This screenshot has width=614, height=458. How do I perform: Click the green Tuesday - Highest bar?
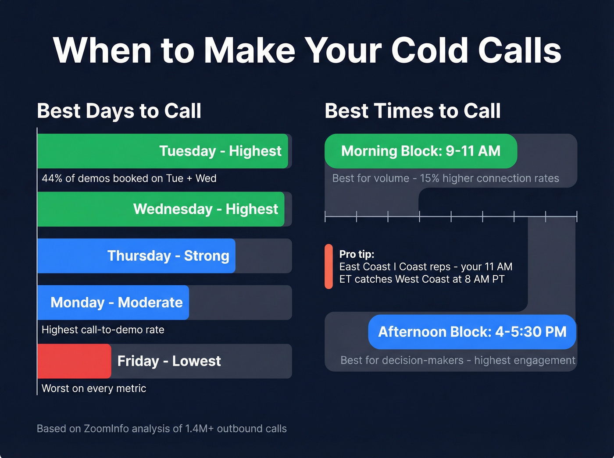click(x=162, y=151)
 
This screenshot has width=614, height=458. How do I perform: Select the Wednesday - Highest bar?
click(x=161, y=209)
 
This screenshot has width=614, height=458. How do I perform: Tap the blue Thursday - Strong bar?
click(x=136, y=256)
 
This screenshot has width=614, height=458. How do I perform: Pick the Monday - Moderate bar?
click(x=113, y=302)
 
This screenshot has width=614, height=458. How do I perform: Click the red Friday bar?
click(x=74, y=361)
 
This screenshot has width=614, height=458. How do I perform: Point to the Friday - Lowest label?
click(x=169, y=361)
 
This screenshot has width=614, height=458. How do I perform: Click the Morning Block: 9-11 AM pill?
click(x=421, y=151)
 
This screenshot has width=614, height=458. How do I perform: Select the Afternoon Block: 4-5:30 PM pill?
click(x=472, y=332)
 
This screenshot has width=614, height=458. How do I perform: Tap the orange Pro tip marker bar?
click(x=328, y=266)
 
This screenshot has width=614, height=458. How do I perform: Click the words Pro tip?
click(x=357, y=254)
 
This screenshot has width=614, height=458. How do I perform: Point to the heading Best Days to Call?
click(x=119, y=111)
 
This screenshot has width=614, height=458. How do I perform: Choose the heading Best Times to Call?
click(x=412, y=111)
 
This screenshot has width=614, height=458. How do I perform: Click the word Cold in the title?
click(x=429, y=50)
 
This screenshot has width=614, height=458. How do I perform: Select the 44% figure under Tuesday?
click(x=52, y=178)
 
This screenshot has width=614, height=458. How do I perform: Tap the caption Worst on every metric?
click(x=94, y=388)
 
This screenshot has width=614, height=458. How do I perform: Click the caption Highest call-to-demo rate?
click(x=103, y=330)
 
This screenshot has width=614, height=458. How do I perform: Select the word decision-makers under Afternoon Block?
click(x=422, y=360)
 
